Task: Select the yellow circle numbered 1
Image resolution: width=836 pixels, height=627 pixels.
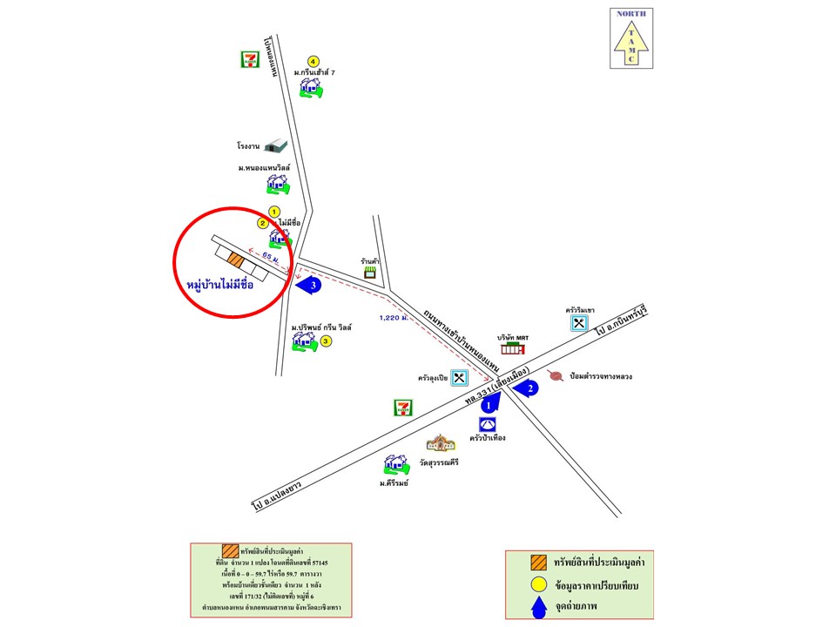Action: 274,211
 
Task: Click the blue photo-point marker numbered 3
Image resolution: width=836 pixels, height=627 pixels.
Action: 308,285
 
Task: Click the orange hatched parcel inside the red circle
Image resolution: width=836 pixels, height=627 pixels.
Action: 234,259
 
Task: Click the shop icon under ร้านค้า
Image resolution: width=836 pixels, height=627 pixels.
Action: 370,272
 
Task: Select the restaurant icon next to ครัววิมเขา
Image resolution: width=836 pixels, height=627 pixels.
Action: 578,323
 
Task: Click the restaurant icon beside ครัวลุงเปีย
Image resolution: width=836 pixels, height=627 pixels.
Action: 460,378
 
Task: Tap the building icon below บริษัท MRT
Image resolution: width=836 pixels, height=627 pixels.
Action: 514,349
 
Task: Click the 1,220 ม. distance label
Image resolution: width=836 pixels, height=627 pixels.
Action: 394,318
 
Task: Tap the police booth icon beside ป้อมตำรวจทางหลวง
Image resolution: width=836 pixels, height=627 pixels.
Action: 554,376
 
